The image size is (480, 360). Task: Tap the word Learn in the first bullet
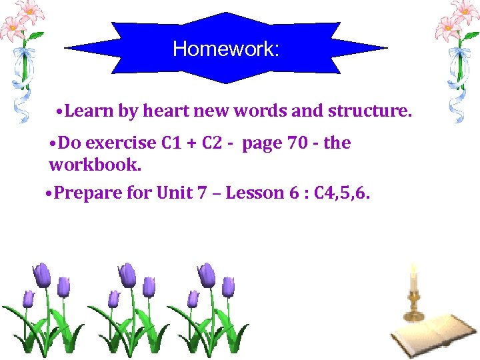(90, 111)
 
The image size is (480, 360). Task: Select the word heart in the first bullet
(163, 111)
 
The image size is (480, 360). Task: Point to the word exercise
(122, 143)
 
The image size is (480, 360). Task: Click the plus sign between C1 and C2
(189, 143)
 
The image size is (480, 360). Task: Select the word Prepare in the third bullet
(85, 193)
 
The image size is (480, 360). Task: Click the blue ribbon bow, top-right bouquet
(457, 53)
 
